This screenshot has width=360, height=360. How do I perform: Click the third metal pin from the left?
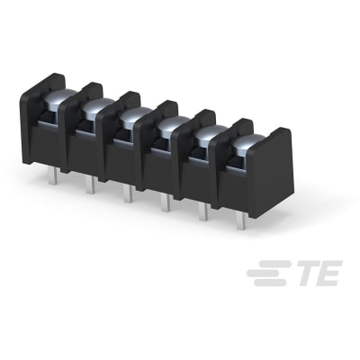point(127,193)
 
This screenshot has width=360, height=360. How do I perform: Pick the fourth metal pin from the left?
point(165,202)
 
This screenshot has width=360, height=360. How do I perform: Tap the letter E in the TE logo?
point(325,274)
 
